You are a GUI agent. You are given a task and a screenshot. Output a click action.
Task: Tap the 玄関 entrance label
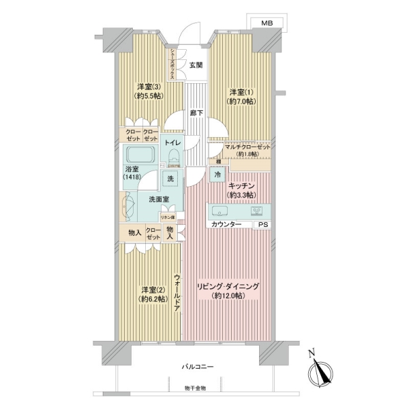click(x=196, y=65)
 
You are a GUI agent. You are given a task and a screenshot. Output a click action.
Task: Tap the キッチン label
click(x=242, y=185)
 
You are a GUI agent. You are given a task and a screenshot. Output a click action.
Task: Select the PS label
click(x=262, y=224)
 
